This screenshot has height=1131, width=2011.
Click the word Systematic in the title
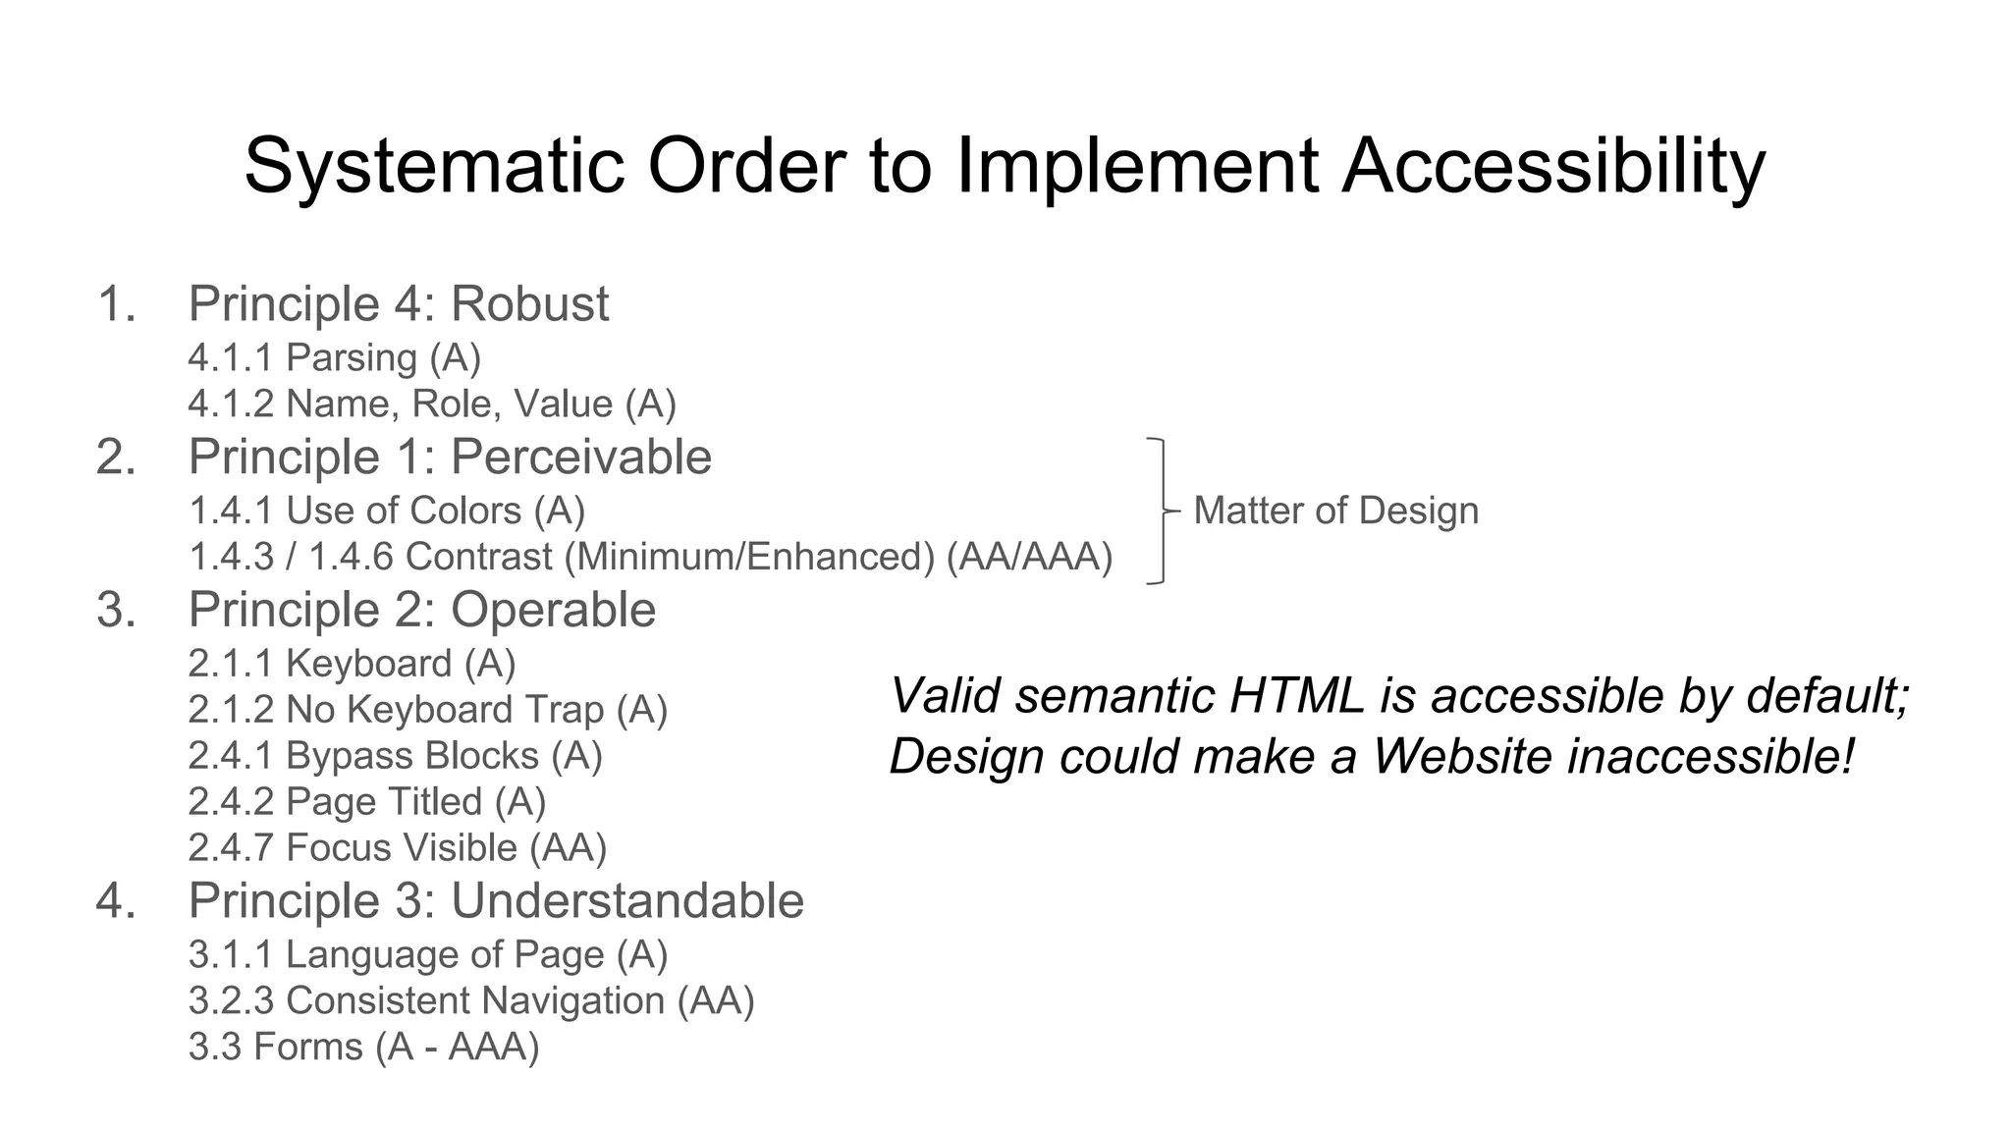434,166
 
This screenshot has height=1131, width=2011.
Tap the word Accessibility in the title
1553,166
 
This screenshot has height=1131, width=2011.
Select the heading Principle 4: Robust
398,303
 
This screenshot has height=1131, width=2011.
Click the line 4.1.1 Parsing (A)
334,357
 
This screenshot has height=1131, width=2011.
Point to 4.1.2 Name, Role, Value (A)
432,404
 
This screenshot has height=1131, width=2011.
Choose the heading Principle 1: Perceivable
450,457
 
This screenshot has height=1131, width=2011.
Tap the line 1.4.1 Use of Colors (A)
387,511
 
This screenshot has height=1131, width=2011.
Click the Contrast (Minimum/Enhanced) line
650,557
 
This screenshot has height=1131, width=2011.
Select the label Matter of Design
1335,511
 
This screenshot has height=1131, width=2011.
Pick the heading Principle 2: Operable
422,610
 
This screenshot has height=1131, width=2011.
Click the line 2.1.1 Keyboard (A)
352,664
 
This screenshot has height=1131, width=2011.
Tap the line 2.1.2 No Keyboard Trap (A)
427,710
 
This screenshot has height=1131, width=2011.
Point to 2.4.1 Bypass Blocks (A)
395,756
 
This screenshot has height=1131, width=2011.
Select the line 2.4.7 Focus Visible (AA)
398,848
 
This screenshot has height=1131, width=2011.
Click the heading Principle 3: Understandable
496,900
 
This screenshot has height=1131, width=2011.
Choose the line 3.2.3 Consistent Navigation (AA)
471,1000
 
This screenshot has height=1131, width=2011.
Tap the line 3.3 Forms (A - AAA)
363,1047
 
